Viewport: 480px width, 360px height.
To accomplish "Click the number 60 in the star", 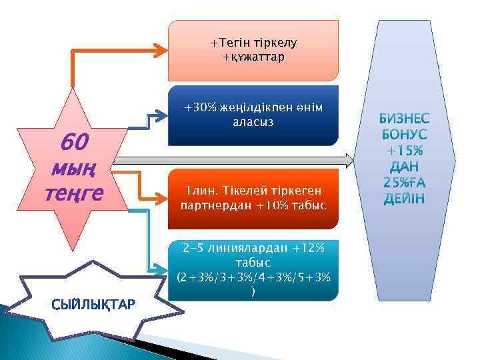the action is [73, 142].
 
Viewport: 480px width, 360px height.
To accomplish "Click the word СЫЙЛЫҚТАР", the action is [93, 304].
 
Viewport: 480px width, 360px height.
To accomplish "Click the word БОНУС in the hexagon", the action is [405, 135].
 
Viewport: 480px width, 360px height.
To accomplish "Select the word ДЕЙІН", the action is [405, 198].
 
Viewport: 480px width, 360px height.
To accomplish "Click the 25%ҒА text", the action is [405, 182].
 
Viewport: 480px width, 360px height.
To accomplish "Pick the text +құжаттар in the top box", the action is [253, 57].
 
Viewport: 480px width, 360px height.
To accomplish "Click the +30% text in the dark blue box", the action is [197, 108].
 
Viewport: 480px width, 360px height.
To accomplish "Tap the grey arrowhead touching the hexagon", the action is [351, 160].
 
